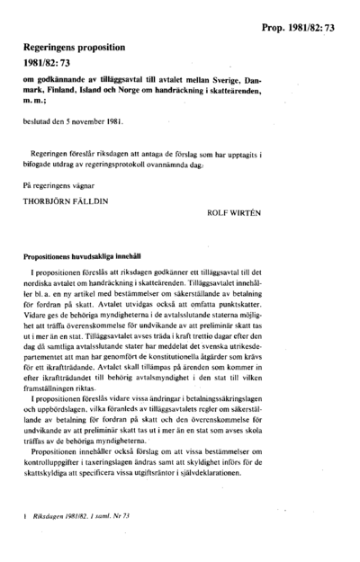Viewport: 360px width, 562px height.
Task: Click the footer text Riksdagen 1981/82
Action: click(x=59, y=541)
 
